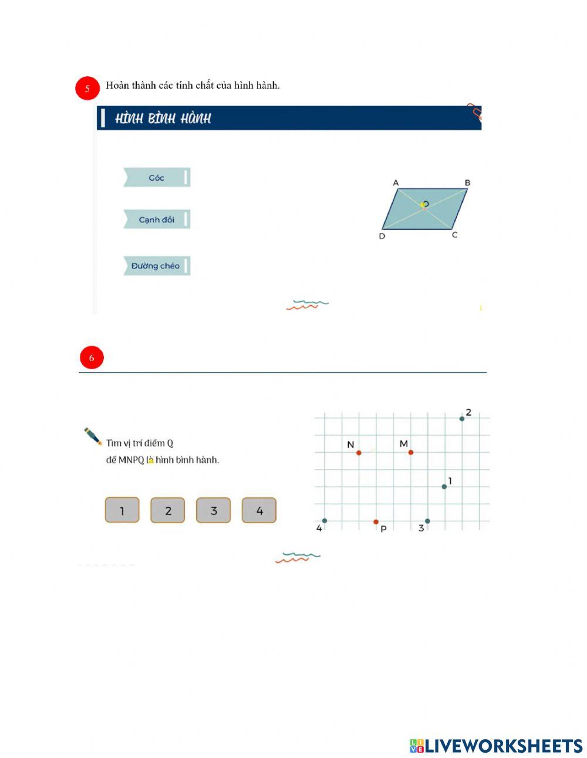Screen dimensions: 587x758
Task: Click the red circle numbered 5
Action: [x=87, y=88]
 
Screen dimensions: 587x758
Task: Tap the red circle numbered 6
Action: [x=92, y=357]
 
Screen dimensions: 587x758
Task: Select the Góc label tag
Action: [x=157, y=177]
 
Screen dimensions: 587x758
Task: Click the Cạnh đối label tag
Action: [x=157, y=219]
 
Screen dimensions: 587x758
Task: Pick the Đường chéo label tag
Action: [x=157, y=265]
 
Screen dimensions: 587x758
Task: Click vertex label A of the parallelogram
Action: [x=396, y=183]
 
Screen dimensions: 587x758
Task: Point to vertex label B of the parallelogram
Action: [x=467, y=183]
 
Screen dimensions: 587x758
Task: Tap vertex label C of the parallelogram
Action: [x=454, y=235]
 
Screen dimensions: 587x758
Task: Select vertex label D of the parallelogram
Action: [x=382, y=236]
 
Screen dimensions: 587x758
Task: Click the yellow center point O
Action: [x=423, y=205]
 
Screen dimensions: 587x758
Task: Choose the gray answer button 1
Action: [x=122, y=510]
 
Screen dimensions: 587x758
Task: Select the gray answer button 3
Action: [x=213, y=510]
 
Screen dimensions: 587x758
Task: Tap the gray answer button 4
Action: [x=259, y=510]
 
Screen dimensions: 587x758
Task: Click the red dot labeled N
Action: [x=359, y=453]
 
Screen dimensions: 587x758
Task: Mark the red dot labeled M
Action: [x=411, y=453]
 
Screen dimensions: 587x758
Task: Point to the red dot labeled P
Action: [x=376, y=522]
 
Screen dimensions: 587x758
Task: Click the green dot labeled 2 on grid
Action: [x=462, y=419]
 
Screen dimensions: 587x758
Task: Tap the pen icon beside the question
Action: [x=93, y=436]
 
